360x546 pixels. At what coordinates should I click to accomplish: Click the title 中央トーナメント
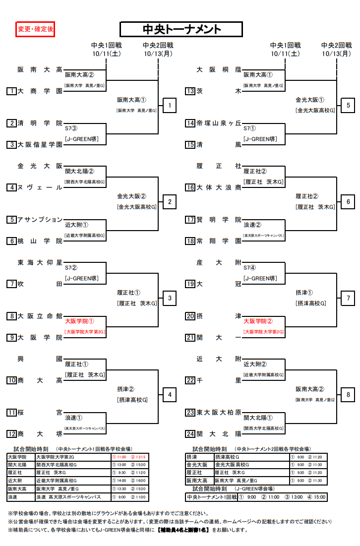pyautogui.click(x=181, y=30)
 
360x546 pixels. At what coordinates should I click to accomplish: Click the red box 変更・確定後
pyautogui.click(x=35, y=30)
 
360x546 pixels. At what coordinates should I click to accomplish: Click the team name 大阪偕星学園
pyautogui.click(x=40, y=145)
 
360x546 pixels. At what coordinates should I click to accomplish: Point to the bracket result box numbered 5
pyautogui.click(x=348, y=106)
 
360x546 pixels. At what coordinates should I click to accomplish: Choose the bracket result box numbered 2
pyautogui.click(x=170, y=202)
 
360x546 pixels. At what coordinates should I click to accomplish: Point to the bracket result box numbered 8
pyautogui.click(x=348, y=395)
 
